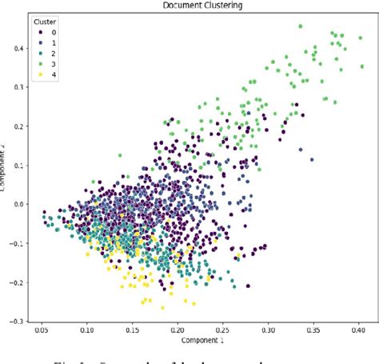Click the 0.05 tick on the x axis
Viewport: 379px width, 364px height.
pyautogui.click(x=43, y=330)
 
